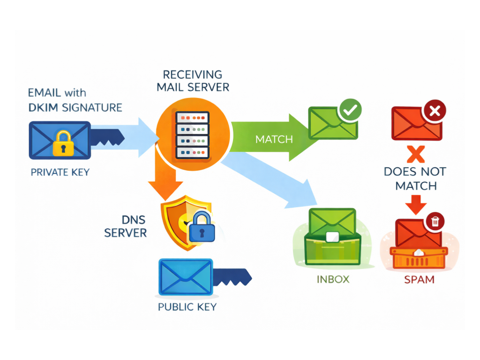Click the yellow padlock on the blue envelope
[62, 143]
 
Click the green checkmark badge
[350, 110]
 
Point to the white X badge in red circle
[434, 111]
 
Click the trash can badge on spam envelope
[435, 221]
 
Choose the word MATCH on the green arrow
[274, 139]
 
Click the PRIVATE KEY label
[60, 172]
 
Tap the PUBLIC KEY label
[187, 307]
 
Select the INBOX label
[333, 279]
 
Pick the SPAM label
[419, 280]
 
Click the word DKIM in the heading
[44, 107]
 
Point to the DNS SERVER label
[126, 226]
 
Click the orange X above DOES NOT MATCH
[415, 154]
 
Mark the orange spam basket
[419, 257]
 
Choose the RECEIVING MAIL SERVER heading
[193, 81]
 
